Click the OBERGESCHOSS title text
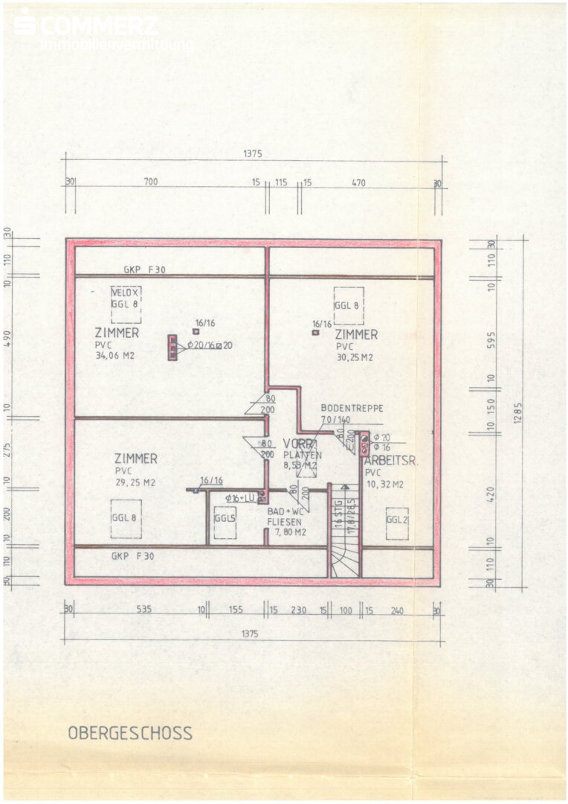130,733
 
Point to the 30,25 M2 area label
355,357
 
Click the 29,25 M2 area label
135,482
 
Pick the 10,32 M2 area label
385,484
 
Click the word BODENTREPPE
352,408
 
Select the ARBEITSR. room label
391,461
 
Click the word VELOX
125,293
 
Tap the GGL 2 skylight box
397,520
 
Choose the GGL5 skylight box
225,518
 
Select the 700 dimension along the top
152,181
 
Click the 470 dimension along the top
358,181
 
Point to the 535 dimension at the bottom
143,610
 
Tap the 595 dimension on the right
491,339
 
